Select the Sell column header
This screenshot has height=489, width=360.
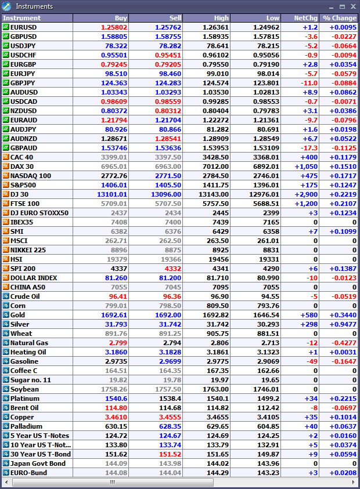175,18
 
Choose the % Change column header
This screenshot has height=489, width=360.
340,18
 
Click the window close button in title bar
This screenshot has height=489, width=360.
352,6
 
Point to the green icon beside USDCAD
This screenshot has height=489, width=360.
6,102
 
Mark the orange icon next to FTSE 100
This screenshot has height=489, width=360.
6,204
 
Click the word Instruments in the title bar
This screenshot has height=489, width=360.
34,6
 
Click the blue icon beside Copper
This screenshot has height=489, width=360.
6,417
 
